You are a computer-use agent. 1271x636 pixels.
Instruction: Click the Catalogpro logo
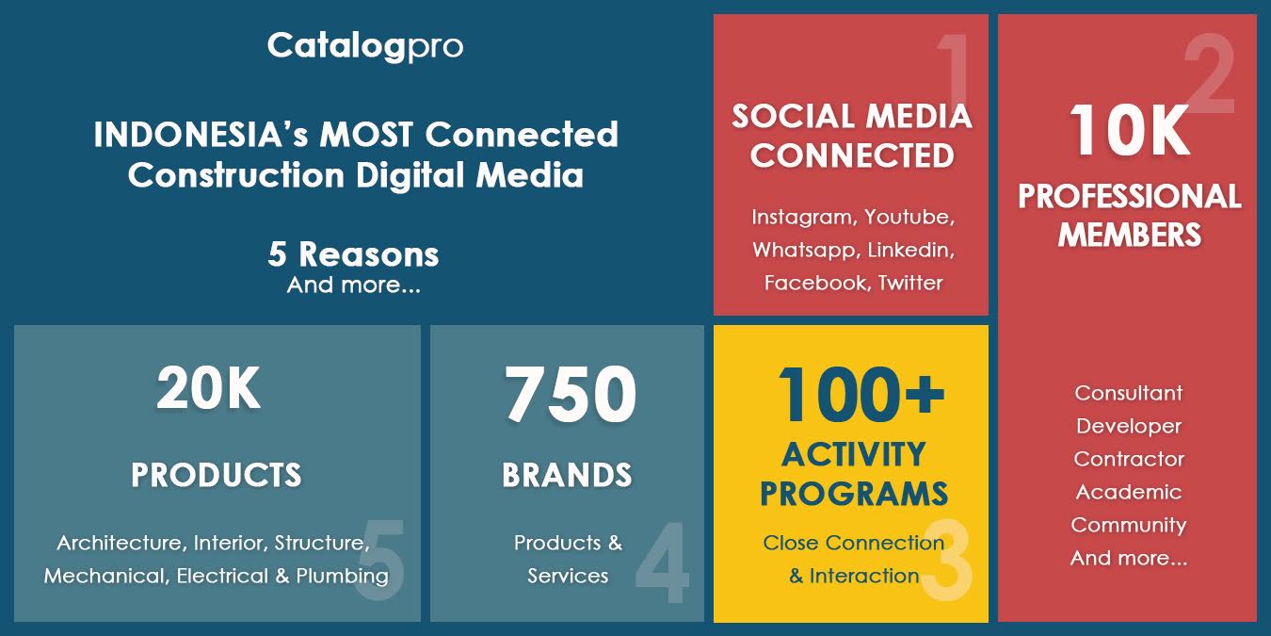pos(365,46)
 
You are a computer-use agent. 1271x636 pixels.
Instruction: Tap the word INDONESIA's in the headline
pos(201,135)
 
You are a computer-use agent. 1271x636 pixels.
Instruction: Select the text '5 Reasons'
pos(353,253)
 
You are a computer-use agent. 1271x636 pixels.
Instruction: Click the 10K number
pos(1129,131)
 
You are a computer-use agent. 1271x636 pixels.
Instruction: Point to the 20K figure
pos(208,388)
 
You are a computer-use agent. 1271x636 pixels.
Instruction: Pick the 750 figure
pos(571,394)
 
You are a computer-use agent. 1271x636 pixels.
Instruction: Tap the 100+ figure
pos(861,394)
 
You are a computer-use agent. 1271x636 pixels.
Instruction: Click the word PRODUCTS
pos(217,475)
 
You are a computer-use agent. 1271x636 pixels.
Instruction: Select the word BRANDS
pos(567,475)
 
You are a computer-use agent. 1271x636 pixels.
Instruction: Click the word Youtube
pos(909,218)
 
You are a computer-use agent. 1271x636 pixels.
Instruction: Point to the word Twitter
pos(910,283)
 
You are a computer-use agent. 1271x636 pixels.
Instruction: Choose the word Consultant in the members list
pos(1128,393)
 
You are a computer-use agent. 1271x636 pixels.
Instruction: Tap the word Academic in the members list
pos(1128,492)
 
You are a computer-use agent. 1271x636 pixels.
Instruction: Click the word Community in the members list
pos(1128,525)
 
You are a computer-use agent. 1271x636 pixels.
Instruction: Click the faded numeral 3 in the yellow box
pos(946,560)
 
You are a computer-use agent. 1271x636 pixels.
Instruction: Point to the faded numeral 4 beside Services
pos(662,562)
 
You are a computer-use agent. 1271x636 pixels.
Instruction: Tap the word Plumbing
pos(342,577)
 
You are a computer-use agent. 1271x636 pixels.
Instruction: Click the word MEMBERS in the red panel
pos(1129,235)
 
